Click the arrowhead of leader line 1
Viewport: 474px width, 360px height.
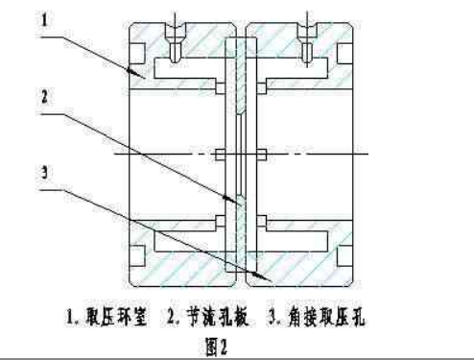[145, 74]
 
